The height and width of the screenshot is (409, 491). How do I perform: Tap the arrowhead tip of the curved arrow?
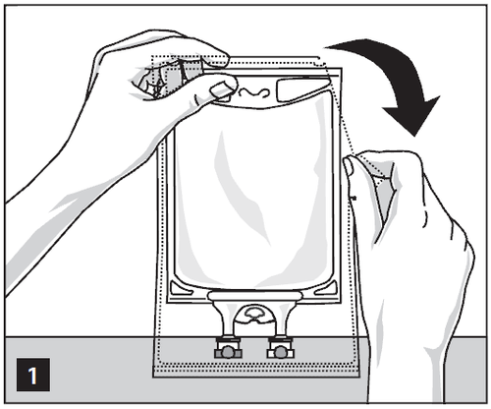click(415, 137)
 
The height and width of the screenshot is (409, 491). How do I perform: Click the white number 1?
click(32, 376)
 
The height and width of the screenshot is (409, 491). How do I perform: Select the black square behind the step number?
click(33, 375)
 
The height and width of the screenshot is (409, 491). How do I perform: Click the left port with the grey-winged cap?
click(228, 350)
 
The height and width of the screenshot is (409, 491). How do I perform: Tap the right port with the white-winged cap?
click(280, 350)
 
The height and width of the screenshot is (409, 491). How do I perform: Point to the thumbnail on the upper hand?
click(220, 89)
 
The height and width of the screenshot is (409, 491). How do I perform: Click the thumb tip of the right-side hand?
click(349, 166)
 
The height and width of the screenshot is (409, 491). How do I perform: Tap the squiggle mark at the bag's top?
click(253, 92)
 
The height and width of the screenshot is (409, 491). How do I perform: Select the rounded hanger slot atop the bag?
click(301, 89)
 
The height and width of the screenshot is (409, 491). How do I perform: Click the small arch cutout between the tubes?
click(254, 314)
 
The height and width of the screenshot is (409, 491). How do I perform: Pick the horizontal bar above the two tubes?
click(254, 296)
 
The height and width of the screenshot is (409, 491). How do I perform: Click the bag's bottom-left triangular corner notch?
click(181, 288)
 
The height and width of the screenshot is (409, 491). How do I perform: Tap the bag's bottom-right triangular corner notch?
click(326, 288)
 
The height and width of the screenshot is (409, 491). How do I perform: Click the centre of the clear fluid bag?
click(254, 190)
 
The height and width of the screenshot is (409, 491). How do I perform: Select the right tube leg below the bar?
click(282, 319)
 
